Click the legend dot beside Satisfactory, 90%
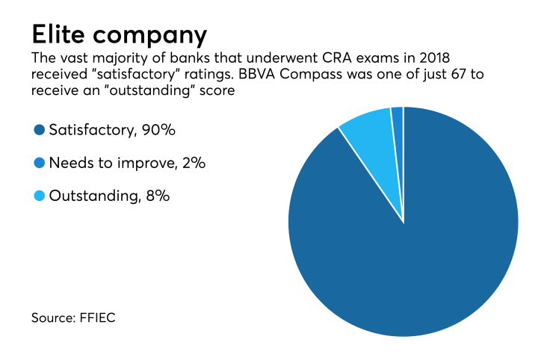click(39, 130)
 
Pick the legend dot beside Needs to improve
click(39, 163)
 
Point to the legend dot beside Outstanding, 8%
click(39, 196)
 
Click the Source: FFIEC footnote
click(73, 318)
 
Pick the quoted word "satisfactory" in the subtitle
click(133, 75)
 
